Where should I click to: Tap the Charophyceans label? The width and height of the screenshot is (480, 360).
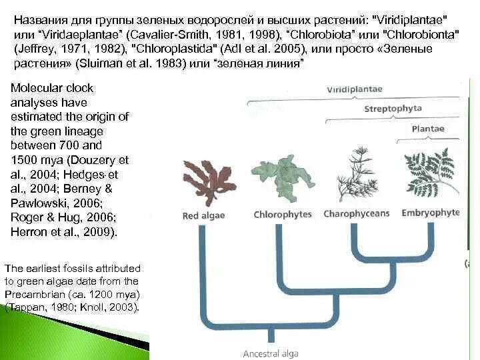[357, 214]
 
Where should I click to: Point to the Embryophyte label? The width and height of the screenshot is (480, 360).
[431, 213]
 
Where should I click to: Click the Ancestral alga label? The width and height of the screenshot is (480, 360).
[271, 353]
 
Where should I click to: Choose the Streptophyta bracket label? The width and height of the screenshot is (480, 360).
[391, 109]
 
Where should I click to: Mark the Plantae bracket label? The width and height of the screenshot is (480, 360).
[428, 128]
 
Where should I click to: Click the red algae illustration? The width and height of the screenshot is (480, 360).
[209, 179]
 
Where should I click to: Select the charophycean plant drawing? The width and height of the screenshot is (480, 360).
[356, 175]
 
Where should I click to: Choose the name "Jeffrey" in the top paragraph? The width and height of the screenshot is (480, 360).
[33, 49]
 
